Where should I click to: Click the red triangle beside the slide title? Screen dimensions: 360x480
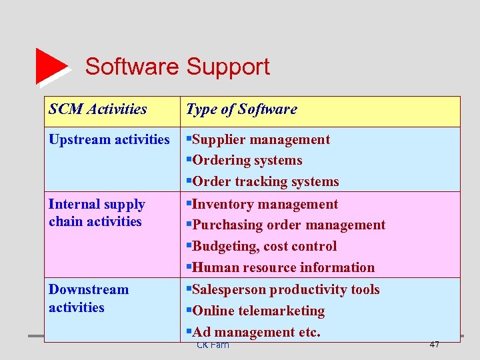click(x=51, y=66)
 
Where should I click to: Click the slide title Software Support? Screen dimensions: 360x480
click(x=177, y=67)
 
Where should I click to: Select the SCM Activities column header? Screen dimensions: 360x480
click(x=98, y=109)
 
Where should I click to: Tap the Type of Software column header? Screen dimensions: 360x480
click(x=241, y=109)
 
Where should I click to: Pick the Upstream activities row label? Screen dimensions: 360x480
click(x=109, y=139)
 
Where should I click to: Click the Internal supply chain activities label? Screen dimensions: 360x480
click(x=97, y=213)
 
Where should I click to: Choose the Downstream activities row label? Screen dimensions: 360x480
click(x=89, y=298)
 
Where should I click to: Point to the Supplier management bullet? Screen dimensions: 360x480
click(x=258, y=139)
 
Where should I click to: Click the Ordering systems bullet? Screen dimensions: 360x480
click(x=244, y=161)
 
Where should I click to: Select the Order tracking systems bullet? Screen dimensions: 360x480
click(x=262, y=182)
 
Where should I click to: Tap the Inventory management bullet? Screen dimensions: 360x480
click(x=262, y=204)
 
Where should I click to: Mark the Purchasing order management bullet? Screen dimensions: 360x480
click(x=285, y=225)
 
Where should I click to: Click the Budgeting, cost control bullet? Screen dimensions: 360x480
click(x=261, y=247)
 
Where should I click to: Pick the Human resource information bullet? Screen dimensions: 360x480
click(x=280, y=268)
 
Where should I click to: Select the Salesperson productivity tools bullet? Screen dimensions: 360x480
click(x=283, y=289)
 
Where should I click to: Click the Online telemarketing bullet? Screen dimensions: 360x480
click(x=255, y=311)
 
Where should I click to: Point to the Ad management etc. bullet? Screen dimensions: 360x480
click(x=253, y=332)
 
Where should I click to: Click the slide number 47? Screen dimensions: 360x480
click(x=434, y=344)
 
